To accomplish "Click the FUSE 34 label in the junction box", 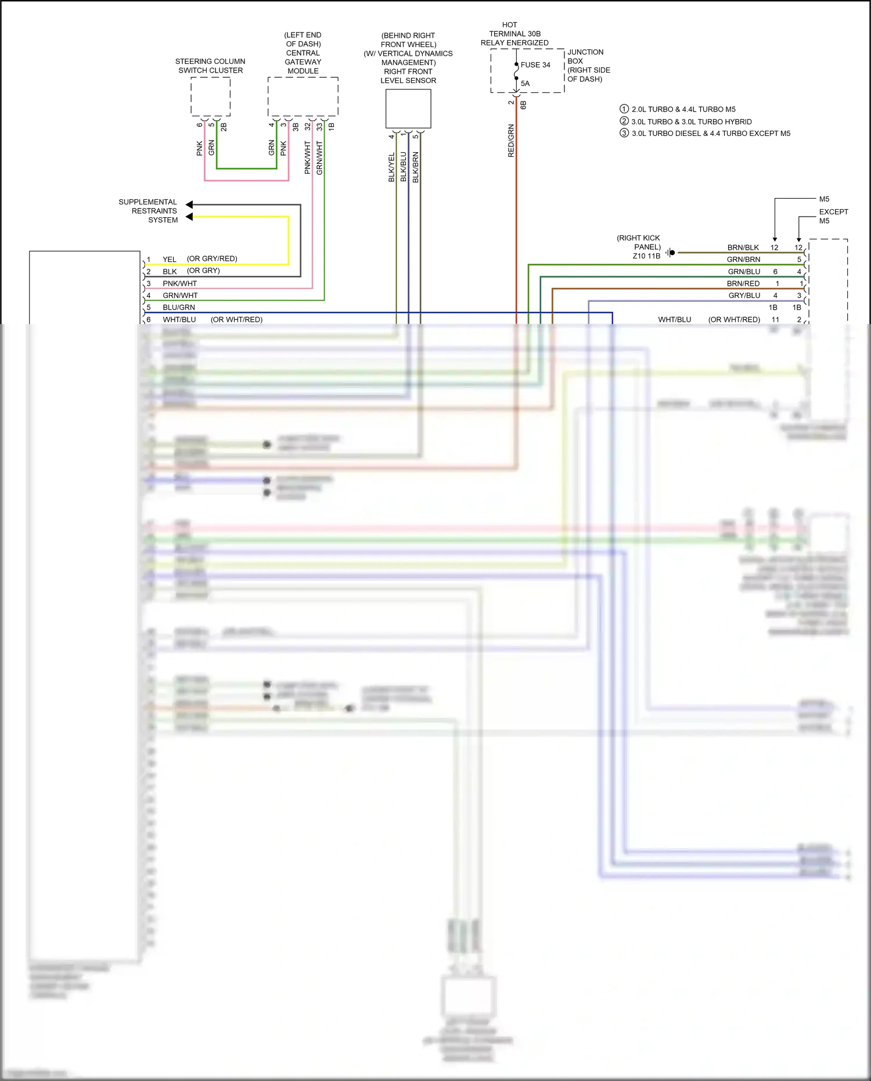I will click(x=535, y=65).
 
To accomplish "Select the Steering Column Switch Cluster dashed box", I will click(x=211, y=96).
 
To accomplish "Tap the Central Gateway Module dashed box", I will click(x=303, y=96).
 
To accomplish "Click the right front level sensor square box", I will click(x=408, y=109).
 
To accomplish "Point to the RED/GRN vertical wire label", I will click(x=511, y=141).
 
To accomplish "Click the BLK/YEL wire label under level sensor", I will click(x=391, y=167).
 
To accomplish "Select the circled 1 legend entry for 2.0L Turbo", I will click(x=624, y=109).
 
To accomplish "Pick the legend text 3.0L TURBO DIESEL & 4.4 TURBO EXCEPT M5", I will click(x=711, y=134).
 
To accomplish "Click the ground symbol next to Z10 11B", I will click(x=670, y=253).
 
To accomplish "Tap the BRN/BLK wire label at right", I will click(x=743, y=247).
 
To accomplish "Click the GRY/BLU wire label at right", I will click(x=744, y=296).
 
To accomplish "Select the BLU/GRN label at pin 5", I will click(x=179, y=308).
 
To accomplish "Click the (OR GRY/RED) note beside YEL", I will click(x=212, y=259).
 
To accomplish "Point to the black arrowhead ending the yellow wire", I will click(x=189, y=217).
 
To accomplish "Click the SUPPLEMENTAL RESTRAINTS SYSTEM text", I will click(x=149, y=211).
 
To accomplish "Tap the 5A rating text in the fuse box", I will click(x=525, y=84).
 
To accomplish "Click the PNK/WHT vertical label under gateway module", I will click(x=308, y=157).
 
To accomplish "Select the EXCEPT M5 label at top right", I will click(x=833, y=216).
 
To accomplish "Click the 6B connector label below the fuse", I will click(x=523, y=105).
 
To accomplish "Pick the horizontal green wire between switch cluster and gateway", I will click(x=247, y=168).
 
